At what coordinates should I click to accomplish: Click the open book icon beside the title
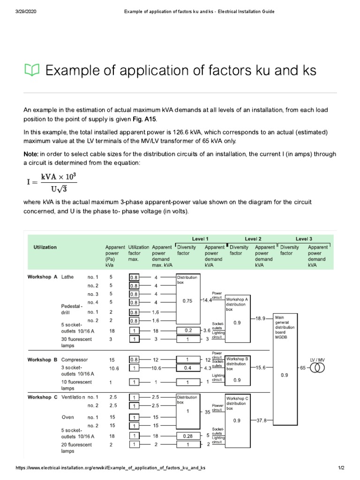click(x=32, y=70)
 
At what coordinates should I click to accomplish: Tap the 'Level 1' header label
click(x=200, y=239)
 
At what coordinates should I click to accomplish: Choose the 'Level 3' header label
click(x=304, y=239)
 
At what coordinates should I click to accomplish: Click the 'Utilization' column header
click(x=45, y=247)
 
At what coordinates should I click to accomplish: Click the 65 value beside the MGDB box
click(x=302, y=368)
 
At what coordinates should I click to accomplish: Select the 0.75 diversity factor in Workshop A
click(x=187, y=301)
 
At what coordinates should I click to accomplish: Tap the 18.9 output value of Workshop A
click(x=261, y=318)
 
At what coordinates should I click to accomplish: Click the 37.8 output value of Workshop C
click(x=261, y=420)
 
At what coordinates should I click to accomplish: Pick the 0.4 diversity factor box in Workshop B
click(x=187, y=368)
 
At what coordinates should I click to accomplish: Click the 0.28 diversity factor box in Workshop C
click(x=187, y=435)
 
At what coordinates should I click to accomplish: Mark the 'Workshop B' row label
click(x=42, y=360)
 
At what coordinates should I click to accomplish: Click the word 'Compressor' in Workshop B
click(x=75, y=360)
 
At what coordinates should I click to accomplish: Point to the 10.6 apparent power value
click(x=114, y=368)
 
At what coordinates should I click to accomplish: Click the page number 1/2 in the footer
click(x=341, y=468)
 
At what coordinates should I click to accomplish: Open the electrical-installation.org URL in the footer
click(x=111, y=468)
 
